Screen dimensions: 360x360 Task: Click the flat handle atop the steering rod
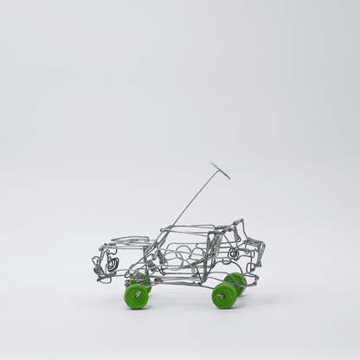point(220,170)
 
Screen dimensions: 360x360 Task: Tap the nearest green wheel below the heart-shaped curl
point(136,297)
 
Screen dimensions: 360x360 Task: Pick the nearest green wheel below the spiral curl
point(224,295)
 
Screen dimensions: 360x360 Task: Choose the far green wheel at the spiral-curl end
point(235,281)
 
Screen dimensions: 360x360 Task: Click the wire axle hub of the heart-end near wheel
point(136,297)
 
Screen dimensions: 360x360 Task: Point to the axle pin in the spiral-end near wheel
point(224,296)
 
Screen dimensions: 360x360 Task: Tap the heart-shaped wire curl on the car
point(112,260)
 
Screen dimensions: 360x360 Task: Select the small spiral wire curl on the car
point(233,255)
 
